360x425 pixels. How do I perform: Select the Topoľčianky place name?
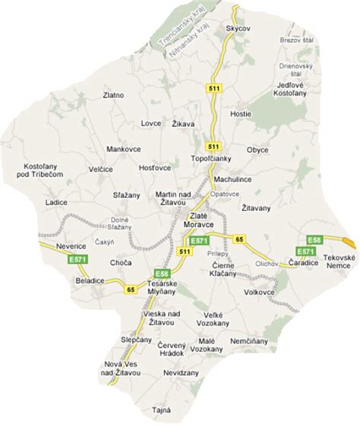[207, 160]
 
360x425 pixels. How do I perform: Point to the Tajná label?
[160, 410]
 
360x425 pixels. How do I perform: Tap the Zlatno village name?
[114, 96]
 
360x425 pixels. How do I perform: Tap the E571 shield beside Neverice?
[55, 260]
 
